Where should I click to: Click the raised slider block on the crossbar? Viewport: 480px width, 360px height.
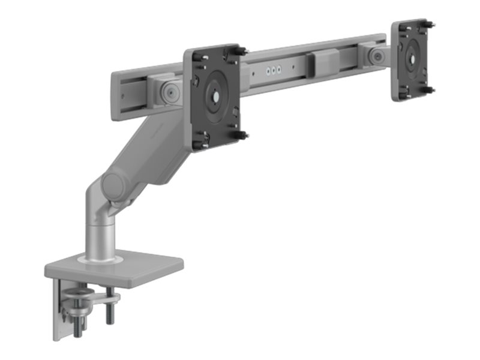[325, 63]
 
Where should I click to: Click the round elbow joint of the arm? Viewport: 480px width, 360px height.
[114, 187]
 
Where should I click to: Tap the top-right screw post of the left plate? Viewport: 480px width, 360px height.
[241, 51]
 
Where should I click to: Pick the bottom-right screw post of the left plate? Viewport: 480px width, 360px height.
[242, 135]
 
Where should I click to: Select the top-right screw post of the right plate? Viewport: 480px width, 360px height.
[430, 25]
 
